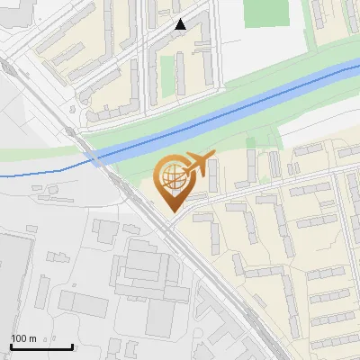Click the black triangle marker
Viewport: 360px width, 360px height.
click(181, 24)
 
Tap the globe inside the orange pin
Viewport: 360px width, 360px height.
click(172, 177)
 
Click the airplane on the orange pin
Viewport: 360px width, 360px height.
click(196, 166)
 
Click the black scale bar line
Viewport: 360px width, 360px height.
click(40, 346)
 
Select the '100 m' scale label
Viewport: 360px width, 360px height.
click(23, 338)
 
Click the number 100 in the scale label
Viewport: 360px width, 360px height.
click(19, 338)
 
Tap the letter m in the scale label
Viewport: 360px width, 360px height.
click(32, 338)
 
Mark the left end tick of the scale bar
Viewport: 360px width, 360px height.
click(10, 345)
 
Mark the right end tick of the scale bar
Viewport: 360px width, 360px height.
click(72, 345)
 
